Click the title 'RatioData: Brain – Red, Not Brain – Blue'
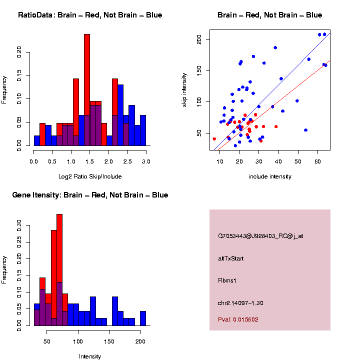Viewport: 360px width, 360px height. point(90,15)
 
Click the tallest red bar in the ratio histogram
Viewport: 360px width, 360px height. point(87,90)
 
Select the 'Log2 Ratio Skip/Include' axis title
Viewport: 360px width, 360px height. point(90,176)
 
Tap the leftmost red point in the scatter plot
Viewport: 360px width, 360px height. point(214,139)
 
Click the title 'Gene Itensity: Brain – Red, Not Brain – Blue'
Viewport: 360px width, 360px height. point(90,195)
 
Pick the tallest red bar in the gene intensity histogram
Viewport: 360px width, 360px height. point(59,270)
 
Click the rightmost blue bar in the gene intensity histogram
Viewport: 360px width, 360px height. point(143,318)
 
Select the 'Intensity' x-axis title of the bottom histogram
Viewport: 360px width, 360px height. point(90,356)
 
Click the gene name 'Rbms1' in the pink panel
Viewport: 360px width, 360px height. point(227,280)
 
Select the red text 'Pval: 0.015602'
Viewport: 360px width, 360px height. point(238,319)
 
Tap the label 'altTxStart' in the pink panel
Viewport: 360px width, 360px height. point(231,258)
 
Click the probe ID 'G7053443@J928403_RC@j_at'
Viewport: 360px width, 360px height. point(260,236)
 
